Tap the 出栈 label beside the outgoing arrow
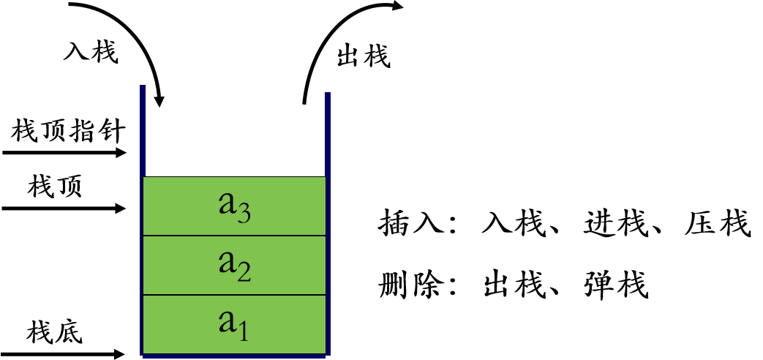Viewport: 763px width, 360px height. tap(364, 56)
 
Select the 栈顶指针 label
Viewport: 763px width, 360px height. tap(69, 132)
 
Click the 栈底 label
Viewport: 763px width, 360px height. tap(55, 333)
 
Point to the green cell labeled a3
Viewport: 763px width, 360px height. tap(235, 206)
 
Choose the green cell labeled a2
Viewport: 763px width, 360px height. tap(235, 265)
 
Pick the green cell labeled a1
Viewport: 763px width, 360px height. tap(235, 324)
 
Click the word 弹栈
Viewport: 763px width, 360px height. tap(615, 284)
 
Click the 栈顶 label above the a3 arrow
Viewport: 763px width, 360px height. tap(55, 187)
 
